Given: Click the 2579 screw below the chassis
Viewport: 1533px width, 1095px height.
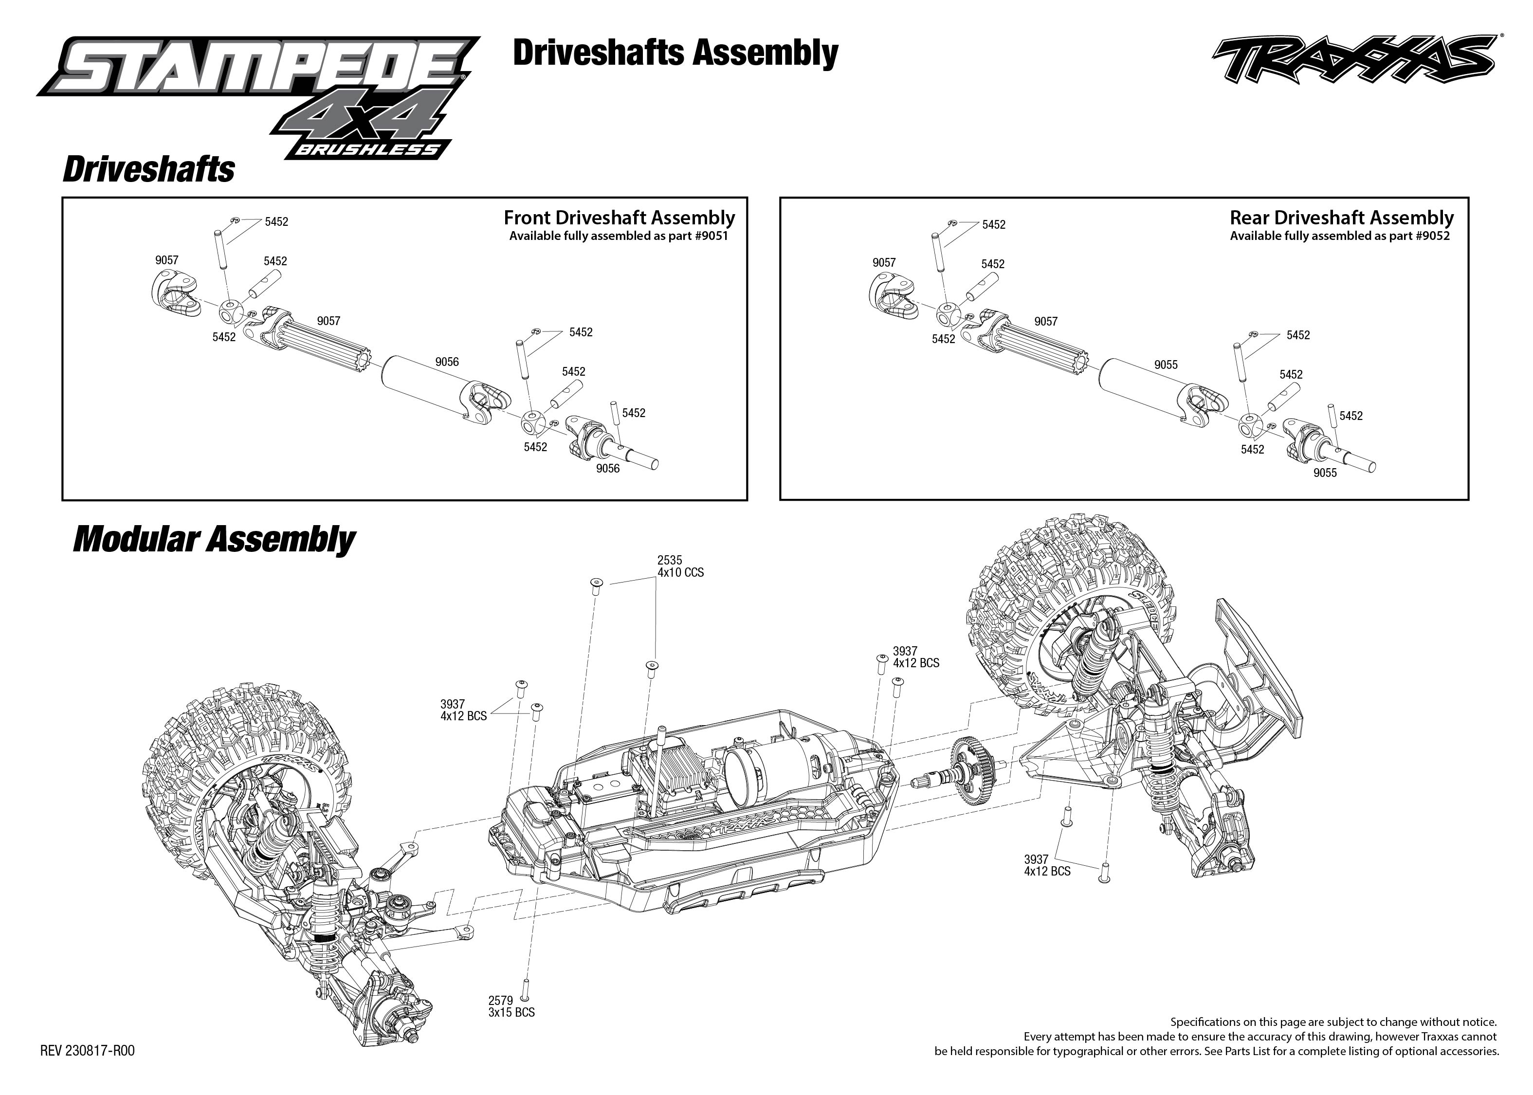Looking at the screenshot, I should point(525,988).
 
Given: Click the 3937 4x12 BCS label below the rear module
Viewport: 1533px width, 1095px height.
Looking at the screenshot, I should point(1046,865).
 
